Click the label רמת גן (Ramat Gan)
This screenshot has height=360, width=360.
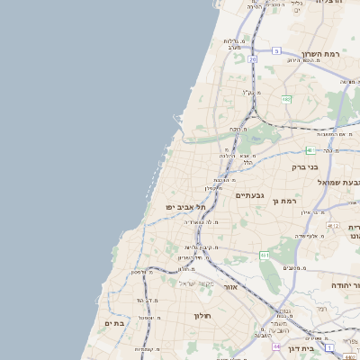point(287,200)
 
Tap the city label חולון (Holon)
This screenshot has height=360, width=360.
point(201,315)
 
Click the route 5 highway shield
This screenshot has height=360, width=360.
point(277,50)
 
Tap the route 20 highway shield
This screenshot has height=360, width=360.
point(254,59)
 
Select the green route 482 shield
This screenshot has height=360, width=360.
point(286,97)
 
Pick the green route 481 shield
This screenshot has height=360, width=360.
point(310,150)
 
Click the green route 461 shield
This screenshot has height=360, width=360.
point(265,256)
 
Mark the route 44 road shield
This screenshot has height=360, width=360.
point(277,346)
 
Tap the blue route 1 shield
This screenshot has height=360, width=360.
point(331,346)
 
